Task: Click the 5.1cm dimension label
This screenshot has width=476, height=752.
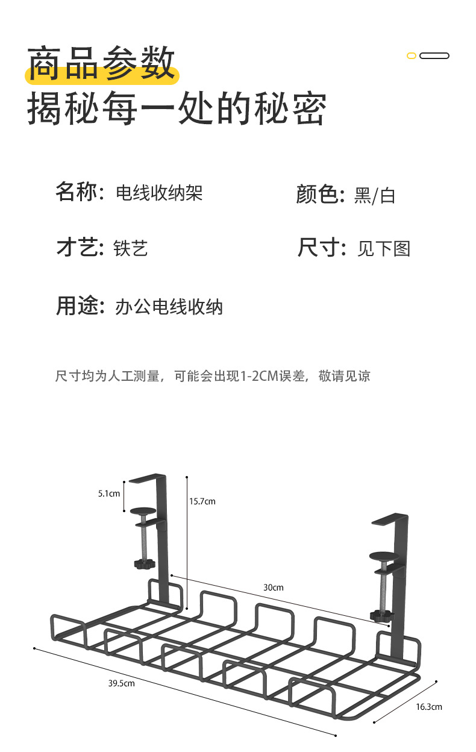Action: coord(109,493)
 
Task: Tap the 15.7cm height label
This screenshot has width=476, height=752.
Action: coord(202,501)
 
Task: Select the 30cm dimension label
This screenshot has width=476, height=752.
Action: coord(274,587)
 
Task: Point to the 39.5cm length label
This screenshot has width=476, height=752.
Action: coord(121,683)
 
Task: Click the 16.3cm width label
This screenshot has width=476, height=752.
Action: coord(429,706)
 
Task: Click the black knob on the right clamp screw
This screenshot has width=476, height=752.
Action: coord(381,615)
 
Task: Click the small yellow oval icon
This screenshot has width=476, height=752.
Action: coord(412,56)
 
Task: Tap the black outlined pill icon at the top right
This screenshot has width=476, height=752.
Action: coord(434,56)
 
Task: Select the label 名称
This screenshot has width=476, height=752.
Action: coord(76,193)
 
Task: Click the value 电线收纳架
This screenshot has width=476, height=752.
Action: coord(159,193)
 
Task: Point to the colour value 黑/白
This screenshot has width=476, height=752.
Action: coord(375,195)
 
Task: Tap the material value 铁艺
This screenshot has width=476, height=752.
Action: coord(131,248)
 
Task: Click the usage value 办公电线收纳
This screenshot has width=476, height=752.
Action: coord(169,307)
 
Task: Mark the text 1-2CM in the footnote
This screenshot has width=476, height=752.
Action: coord(259,377)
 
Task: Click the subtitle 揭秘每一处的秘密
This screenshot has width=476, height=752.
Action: coord(177,109)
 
